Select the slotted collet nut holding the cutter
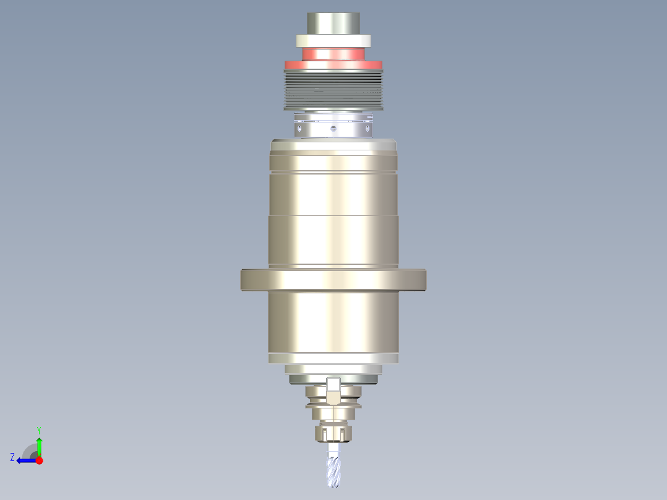click(x=333, y=433)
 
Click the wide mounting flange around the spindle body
click(x=333, y=280)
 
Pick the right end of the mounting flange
click(x=422, y=280)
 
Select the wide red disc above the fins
click(x=333, y=65)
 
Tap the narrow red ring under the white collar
click(x=333, y=54)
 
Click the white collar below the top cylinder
click(x=333, y=41)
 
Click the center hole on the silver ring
click(x=333, y=129)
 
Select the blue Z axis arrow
click(x=24, y=460)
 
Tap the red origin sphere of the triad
click(x=39, y=460)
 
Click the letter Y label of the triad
click(x=38, y=429)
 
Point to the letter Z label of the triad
click(x=12, y=457)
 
